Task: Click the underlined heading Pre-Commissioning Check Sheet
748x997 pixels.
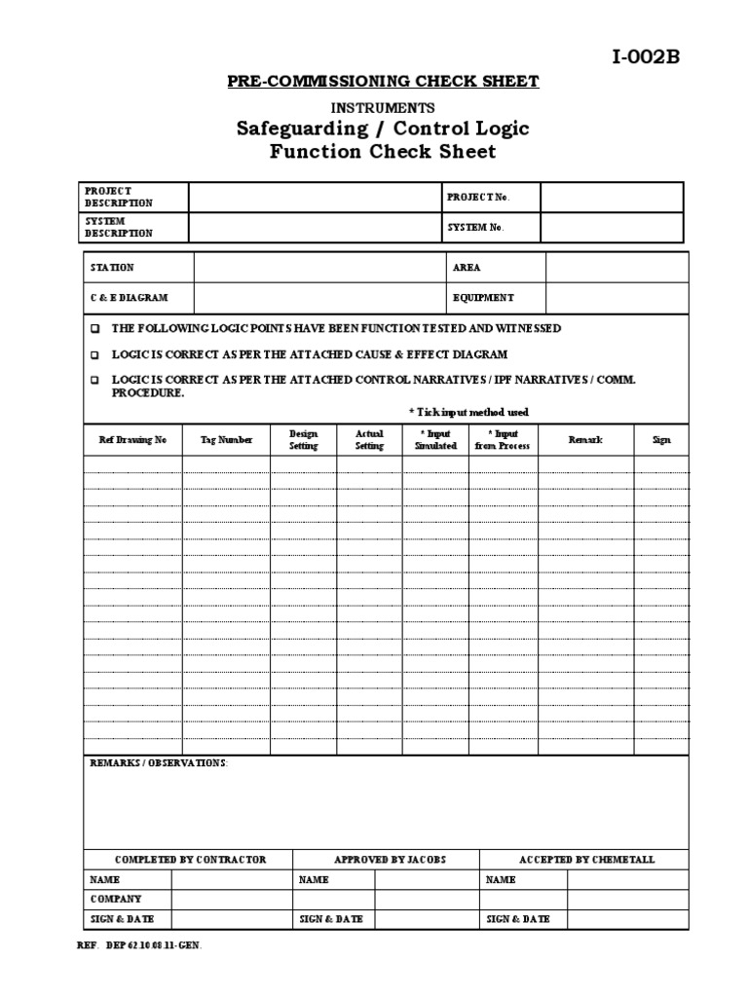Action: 383,82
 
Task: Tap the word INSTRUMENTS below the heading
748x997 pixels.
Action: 383,107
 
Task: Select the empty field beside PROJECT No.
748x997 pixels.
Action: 612,197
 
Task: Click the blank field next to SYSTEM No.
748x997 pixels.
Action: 612,228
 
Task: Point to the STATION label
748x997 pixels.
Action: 112,268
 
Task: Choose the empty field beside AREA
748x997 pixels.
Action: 617,268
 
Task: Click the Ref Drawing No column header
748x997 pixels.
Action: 132,440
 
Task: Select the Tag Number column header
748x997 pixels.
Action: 226,440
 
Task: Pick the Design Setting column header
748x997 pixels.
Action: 303,440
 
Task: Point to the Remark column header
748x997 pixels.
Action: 585,440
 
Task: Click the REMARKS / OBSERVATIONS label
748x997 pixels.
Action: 159,763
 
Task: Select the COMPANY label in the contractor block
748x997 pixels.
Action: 116,900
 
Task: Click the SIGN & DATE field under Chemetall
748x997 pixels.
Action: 627,919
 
